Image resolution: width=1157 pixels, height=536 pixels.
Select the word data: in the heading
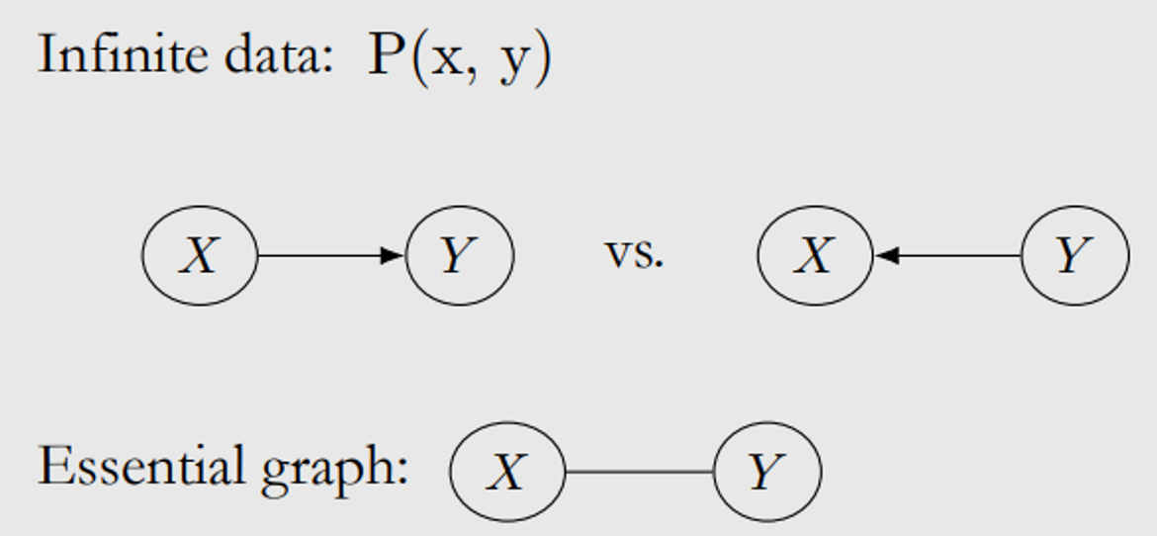pyautogui.click(x=278, y=54)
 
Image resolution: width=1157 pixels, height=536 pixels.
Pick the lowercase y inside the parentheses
pyautogui.click(x=512, y=61)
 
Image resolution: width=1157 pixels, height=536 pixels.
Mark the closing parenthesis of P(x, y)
pyautogui.click(x=542, y=57)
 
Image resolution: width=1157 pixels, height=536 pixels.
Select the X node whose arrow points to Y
pyautogui.click(x=200, y=255)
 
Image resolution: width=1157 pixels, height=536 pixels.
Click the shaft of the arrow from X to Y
pyautogui.click(x=316, y=256)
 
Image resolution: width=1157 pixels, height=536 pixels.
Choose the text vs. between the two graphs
pyautogui.click(x=634, y=253)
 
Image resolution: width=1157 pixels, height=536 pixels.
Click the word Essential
pyautogui.click(x=140, y=466)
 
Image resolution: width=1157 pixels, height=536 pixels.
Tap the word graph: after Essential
pyautogui.click(x=334, y=469)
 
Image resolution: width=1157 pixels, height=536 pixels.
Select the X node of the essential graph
pyautogui.click(x=507, y=472)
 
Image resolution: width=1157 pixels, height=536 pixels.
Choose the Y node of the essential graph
pyautogui.click(x=767, y=472)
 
